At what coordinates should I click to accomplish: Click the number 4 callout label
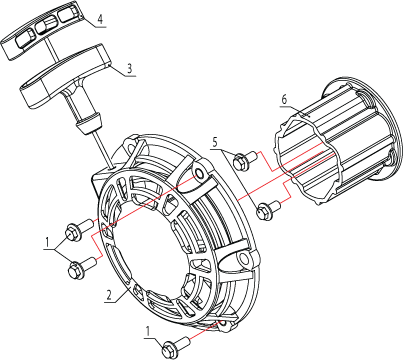click(x=101, y=19)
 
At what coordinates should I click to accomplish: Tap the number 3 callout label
click(x=130, y=68)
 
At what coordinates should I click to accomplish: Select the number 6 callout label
click(x=284, y=99)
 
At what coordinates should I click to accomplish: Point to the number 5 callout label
click(x=215, y=142)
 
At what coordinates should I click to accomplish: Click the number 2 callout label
click(x=108, y=295)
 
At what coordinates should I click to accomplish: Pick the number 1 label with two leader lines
click(x=48, y=242)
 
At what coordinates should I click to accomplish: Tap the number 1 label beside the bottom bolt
click(x=148, y=331)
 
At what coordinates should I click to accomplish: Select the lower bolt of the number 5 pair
click(x=268, y=209)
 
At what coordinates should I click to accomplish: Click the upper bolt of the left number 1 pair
click(x=79, y=229)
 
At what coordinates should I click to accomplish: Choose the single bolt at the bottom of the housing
click(x=175, y=347)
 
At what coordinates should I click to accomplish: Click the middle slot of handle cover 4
click(x=47, y=26)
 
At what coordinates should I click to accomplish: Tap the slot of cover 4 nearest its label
click(x=70, y=14)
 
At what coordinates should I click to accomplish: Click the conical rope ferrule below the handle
click(x=89, y=123)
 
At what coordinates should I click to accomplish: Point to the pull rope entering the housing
click(x=102, y=148)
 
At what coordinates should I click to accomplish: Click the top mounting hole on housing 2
click(x=200, y=173)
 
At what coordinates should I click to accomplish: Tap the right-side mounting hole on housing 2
click(x=244, y=259)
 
